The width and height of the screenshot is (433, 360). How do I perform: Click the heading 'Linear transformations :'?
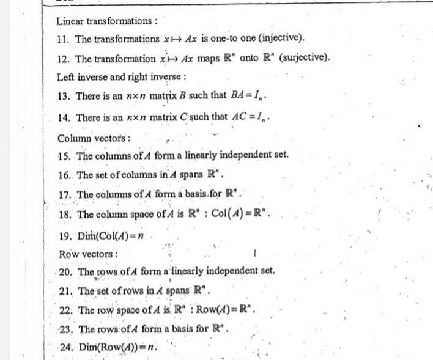tap(106, 21)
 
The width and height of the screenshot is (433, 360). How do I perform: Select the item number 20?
tap(67, 271)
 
